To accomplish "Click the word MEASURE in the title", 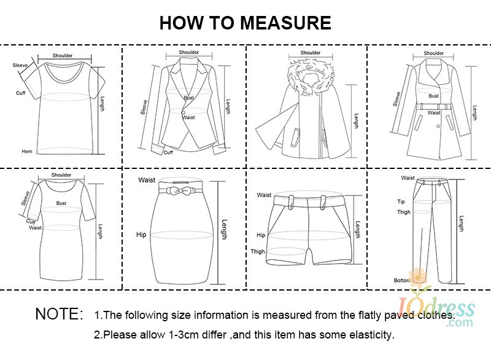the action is pyautogui.click(x=285, y=23).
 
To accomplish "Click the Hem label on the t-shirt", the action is pyautogui.click(x=27, y=151).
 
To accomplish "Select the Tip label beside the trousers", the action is pyautogui.click(x=401, y=202).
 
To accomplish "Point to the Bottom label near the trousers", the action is pyautogui.click(x=402, y=280).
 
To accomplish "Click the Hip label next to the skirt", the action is pyautogui.click(x=141, y=235).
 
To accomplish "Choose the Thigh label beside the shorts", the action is pyautogui.click(x=258, y=252).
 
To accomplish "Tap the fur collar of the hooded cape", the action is pyautogui.click(x=310, y=76).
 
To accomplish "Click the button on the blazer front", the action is pyautogui.click(x=183, y=112).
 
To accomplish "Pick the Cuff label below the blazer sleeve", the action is pyautogui.click(x=168, y=152).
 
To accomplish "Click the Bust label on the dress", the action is pyautogui.click(x=61, y=203).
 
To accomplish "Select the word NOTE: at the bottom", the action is pyautogui.click(x=59, y=314).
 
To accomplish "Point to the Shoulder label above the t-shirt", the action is pyautogui.click(x=63, y=55).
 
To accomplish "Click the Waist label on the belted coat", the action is pyautogui.click(x=434, y=112).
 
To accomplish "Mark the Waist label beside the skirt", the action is pyautogui.click(x=147, y=180).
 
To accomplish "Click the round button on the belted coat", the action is pyautogui.click(x=438, y=127).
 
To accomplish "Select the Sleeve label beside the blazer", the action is pyautogui.click(x=144, y=107).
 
